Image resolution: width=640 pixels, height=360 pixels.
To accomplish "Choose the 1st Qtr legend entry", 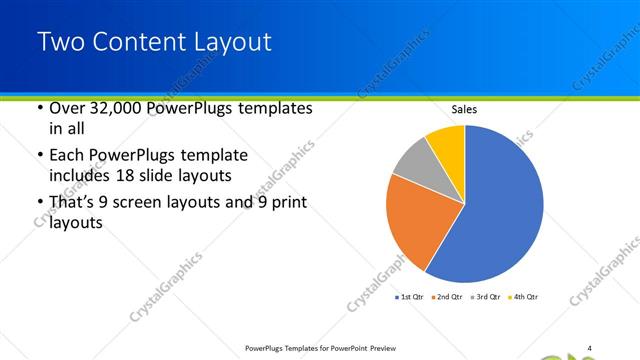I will (411, 297).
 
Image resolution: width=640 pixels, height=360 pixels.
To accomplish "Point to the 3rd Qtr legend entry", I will (488, 297).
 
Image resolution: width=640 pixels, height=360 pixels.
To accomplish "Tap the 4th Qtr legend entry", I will (526, 297).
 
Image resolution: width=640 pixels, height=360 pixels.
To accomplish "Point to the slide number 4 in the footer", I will (590, 348).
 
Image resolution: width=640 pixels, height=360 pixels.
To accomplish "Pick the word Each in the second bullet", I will (69, 156).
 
